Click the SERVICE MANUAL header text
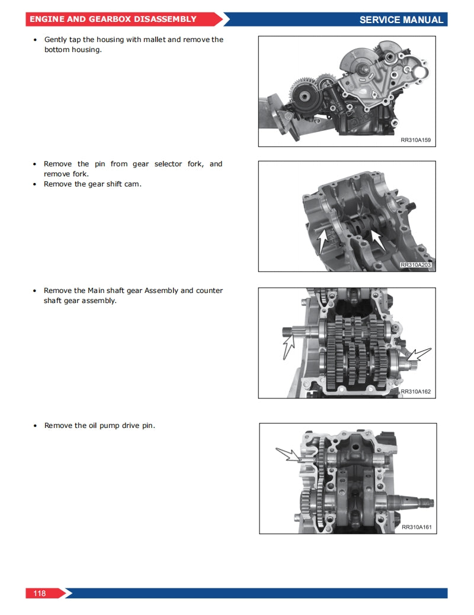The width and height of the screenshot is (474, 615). click(x=401, y=20)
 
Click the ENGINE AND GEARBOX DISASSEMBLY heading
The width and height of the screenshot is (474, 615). click(x=113, y=19)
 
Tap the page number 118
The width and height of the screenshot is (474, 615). click(x=40, y=593)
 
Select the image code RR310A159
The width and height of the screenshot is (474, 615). click(x=416, y=140)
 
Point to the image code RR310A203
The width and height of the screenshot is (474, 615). click(x=415, y=265)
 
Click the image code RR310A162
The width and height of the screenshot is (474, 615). click(x=416, y=391)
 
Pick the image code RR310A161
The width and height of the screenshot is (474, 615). click(x=417, y=527)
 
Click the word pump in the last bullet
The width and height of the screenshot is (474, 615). click(x=111, y=426)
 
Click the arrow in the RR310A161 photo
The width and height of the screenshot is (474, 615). click(x=289, y=455)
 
